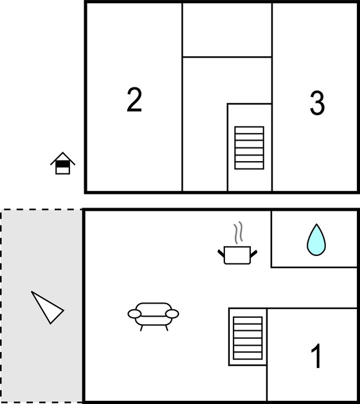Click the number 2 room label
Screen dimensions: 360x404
click(134, 100)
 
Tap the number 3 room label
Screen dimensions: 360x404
click(317, 103)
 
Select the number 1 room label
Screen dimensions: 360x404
click(317, 356)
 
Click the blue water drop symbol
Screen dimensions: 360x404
click(316, 240)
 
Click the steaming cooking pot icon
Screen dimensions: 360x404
click(237, 243)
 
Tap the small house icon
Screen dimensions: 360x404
click(63, 164)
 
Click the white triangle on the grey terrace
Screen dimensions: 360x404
click(47, 307)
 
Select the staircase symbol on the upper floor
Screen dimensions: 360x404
click(249, 148)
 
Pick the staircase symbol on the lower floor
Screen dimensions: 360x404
click(248, 338)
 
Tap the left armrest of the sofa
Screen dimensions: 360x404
click(134, 314)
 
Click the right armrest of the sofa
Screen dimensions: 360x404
click(172, 314)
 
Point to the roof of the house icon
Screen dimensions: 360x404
click(63, 158)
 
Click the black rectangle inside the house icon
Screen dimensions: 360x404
click(63, 164)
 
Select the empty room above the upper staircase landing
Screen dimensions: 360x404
click(227, 29)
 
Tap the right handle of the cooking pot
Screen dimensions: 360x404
click(253, 254)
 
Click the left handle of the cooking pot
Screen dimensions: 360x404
click(221, 253)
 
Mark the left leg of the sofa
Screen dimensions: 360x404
click(141, 328)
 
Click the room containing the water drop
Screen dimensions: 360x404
click(314, 239)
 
